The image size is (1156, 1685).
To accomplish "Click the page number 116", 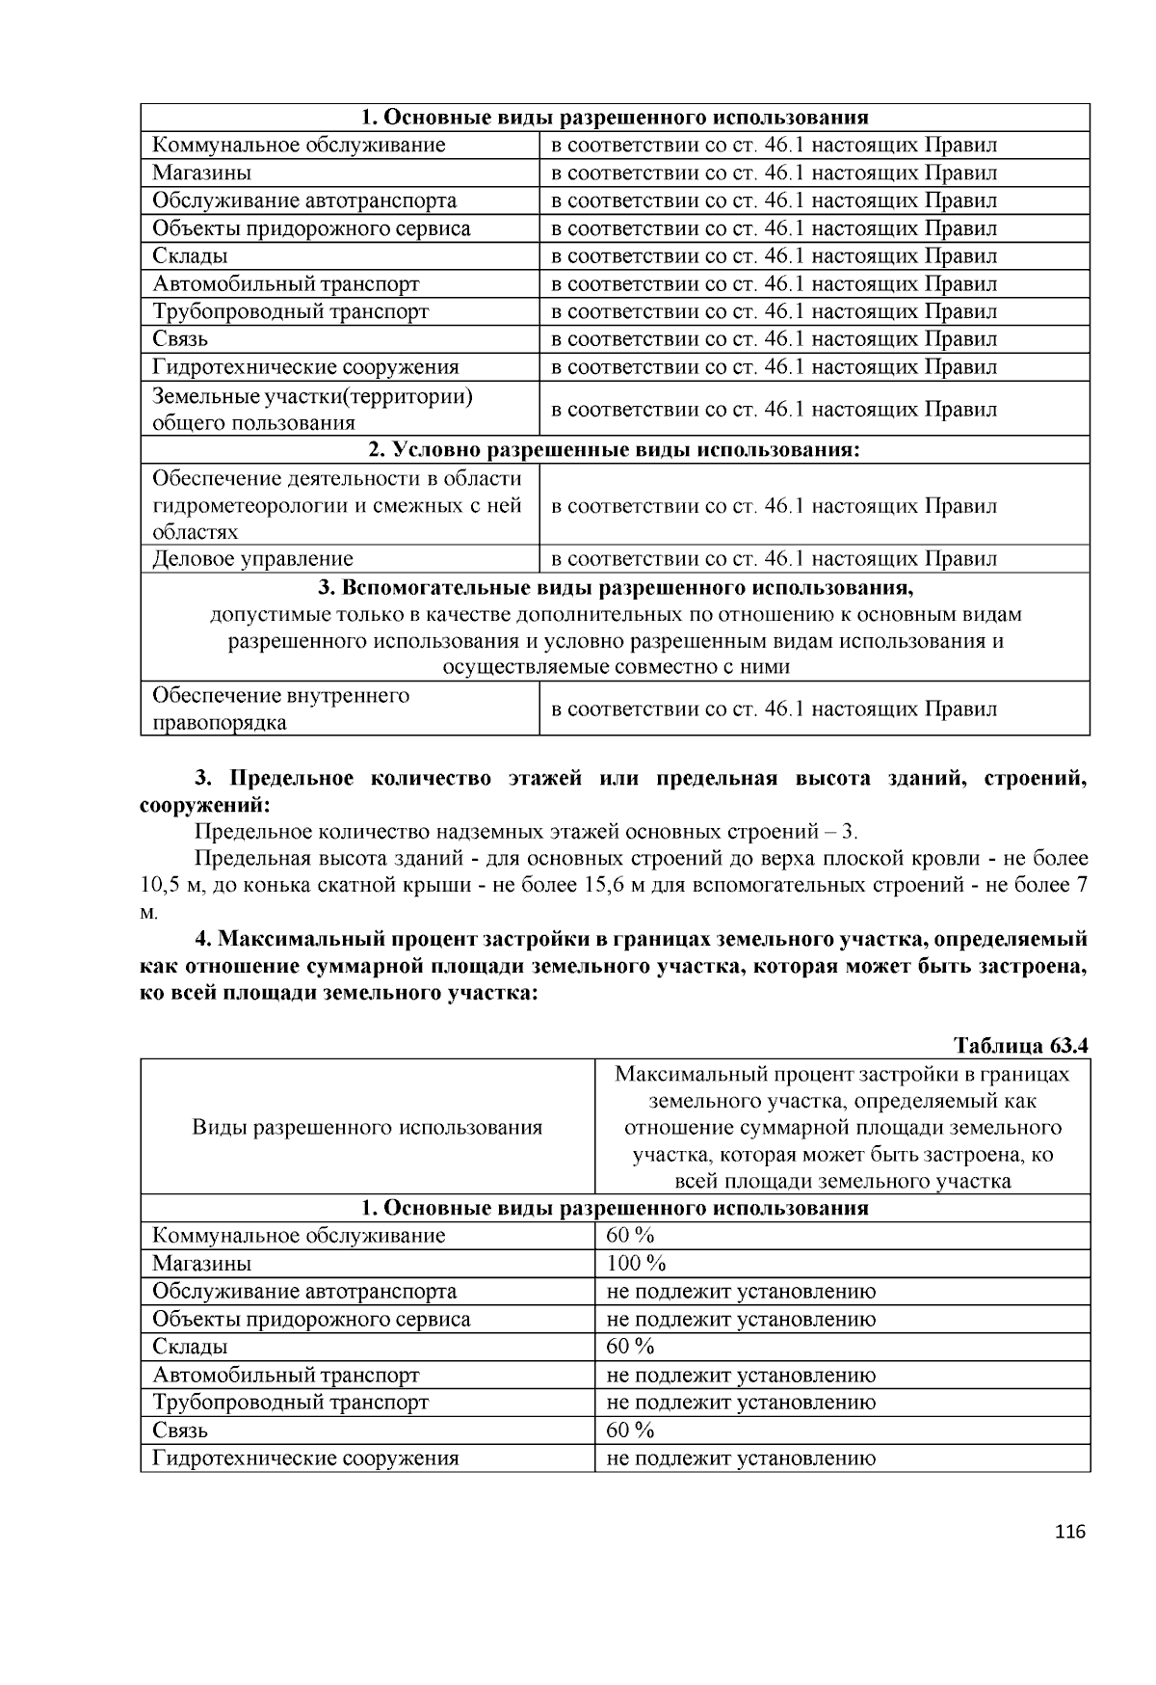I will pos(1070,1532).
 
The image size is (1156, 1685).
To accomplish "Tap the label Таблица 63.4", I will pos(1020,1046).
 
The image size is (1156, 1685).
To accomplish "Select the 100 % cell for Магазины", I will pos(636,1264).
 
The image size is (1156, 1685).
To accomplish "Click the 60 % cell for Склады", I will pos(631,1347).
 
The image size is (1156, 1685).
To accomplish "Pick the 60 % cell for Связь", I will pos(631,1430).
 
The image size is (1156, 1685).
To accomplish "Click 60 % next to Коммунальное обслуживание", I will pos(631,1236).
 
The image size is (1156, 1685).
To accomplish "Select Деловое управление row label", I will pos(253,559).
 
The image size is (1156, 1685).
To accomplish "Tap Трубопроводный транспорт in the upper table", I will pos(291,311).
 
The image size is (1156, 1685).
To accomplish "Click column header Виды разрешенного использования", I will pos(367,1128).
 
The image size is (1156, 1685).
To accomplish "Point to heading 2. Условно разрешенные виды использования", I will pos(615,450).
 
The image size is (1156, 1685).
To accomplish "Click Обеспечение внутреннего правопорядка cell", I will pos(281,709).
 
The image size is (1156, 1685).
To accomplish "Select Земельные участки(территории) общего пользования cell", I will pos(313,410).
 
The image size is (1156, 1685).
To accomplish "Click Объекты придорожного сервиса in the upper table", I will pos(312,228).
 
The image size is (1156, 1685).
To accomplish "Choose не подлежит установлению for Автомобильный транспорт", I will pos(741,1376).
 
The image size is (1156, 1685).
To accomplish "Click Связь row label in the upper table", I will pos(180,339).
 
